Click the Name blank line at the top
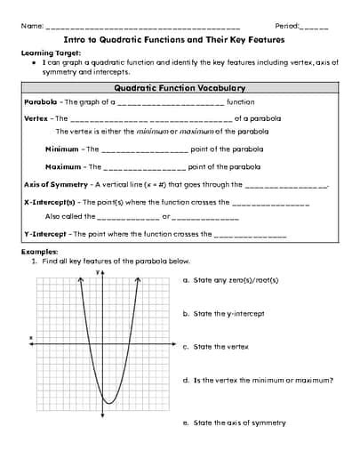tap(142, 28)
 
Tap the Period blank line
tap(315, 28)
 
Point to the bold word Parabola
tap(41, 102)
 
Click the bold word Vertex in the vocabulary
tap(36, 118)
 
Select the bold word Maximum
tap(63, 166)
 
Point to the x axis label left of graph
tap(31, 337)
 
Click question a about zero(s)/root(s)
tap(230, 280)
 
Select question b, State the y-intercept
tap(223, 313)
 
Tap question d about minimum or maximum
tap(258, 380)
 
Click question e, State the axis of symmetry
tap(234, 423)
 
